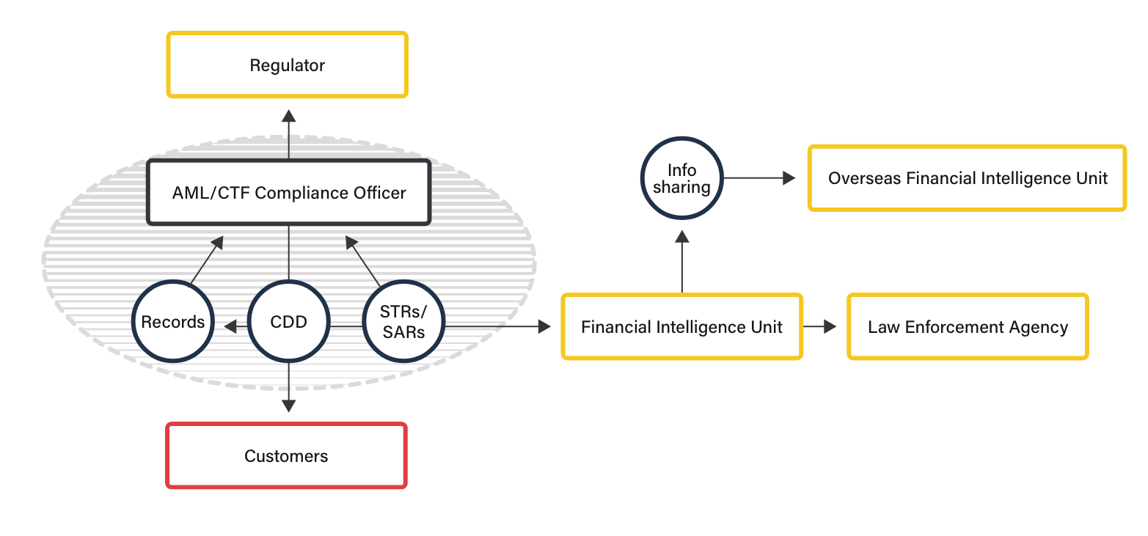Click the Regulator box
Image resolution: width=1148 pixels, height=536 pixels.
287,65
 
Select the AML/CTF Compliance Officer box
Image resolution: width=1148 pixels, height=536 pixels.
288,193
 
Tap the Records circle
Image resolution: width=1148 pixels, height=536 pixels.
173,322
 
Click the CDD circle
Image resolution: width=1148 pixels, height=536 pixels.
288,322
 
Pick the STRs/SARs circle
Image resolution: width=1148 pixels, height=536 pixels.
403,322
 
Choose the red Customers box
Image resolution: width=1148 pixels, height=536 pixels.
286,456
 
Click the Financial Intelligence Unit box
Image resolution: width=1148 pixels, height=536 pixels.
681,327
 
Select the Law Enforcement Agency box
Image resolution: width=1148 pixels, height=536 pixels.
968,327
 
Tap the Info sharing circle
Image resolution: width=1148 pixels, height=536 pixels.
681,178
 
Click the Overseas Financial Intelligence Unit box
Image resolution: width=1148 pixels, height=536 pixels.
967,178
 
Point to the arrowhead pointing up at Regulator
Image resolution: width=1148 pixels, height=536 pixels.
289,116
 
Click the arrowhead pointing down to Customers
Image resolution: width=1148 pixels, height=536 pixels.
289,405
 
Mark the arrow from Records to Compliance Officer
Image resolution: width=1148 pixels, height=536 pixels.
206,260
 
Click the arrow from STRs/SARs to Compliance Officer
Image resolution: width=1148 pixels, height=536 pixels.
363,260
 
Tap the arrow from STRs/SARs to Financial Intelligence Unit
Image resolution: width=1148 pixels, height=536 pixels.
513,326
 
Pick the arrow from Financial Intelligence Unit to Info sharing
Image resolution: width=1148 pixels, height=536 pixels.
682,260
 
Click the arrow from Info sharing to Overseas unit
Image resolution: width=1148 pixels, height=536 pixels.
759,177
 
